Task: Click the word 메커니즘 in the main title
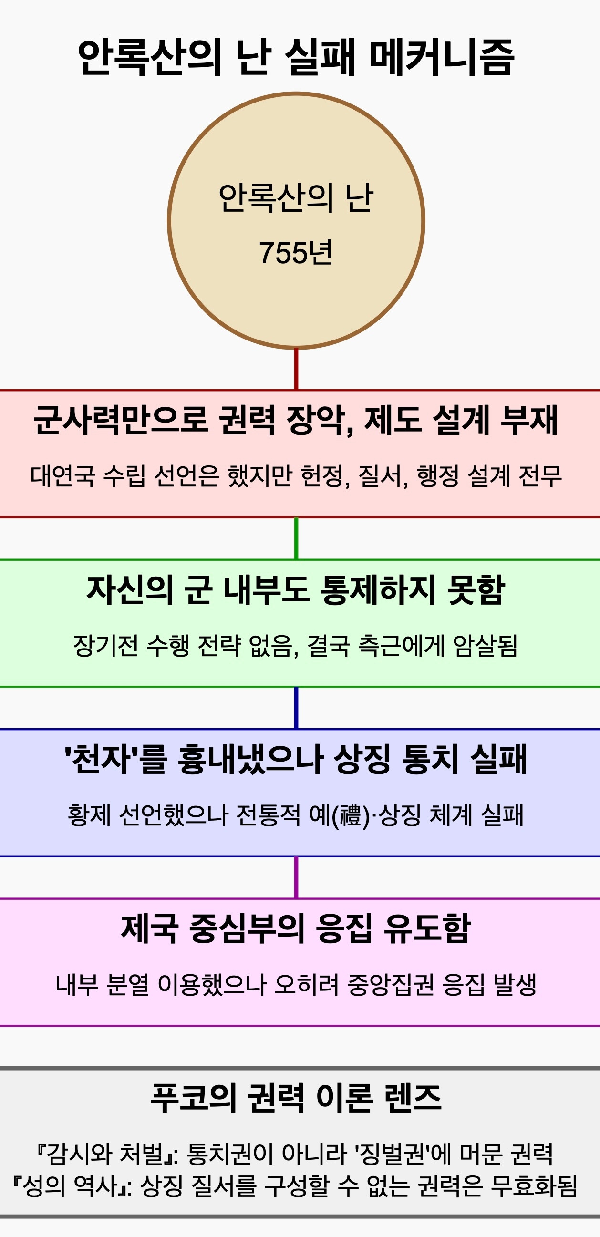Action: (442, 58)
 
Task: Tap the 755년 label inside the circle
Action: (295, 253)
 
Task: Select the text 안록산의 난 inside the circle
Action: (295, 198)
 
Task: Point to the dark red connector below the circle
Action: (296, 369)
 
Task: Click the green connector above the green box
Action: (296, 538)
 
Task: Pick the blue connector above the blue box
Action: (296, 708)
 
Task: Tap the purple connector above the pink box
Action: (296, 877)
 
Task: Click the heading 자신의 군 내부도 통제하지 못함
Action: (295, 590)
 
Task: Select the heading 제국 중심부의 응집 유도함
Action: (295, 929)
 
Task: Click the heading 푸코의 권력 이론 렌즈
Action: (295, 1098)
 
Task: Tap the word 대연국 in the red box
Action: (62, 476)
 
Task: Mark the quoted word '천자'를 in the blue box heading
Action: (115, 759)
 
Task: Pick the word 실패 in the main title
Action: (319, 58)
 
